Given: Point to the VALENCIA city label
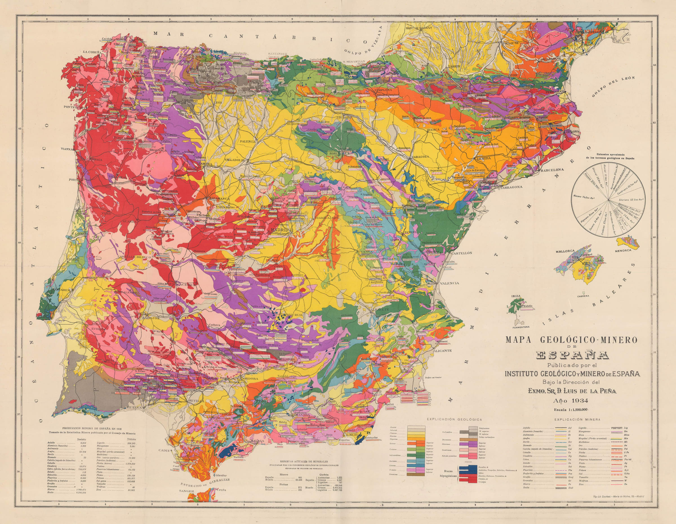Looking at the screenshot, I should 450,283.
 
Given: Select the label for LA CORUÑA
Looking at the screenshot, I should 92,52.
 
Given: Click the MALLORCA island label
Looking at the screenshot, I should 565,251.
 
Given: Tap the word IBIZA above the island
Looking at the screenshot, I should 516,296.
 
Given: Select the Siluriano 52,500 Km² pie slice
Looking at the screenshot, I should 623,200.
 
